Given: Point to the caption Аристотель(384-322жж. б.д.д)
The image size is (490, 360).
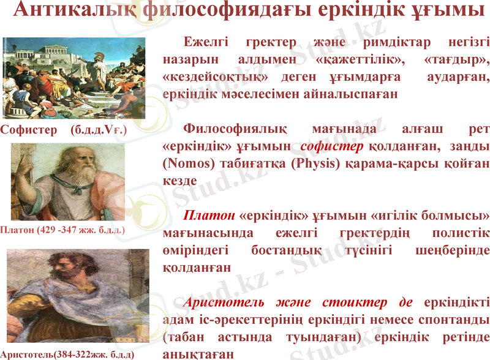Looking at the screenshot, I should coord(67,354).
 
